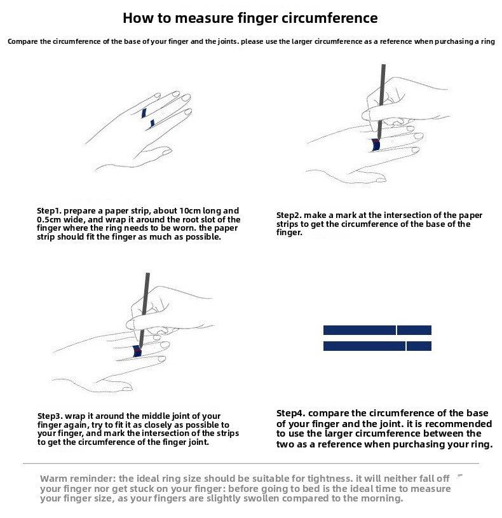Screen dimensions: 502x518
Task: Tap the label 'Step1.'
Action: (x=49, y=211)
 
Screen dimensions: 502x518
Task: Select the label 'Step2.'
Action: (x=288, y=215)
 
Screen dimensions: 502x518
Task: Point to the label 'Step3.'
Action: (x=50, y=416)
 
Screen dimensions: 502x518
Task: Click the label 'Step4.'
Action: (x=291, y=414)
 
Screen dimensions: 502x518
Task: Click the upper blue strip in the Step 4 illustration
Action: (x=377, y=330)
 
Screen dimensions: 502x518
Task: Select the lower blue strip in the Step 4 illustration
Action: (x=377, y=346)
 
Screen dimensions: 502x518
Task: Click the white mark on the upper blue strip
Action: (x=397, y=330)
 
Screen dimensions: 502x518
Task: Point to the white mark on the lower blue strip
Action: (x=406, y=346)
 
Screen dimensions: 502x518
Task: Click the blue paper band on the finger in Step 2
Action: (x=376, y=145)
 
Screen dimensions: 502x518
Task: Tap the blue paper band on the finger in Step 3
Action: (x=137, y=351)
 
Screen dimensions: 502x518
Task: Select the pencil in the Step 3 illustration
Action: (x=144, y=311)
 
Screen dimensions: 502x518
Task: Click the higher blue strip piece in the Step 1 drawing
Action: (x=144, y=113)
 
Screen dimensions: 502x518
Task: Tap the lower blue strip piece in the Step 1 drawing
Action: (x=153, y=123)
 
